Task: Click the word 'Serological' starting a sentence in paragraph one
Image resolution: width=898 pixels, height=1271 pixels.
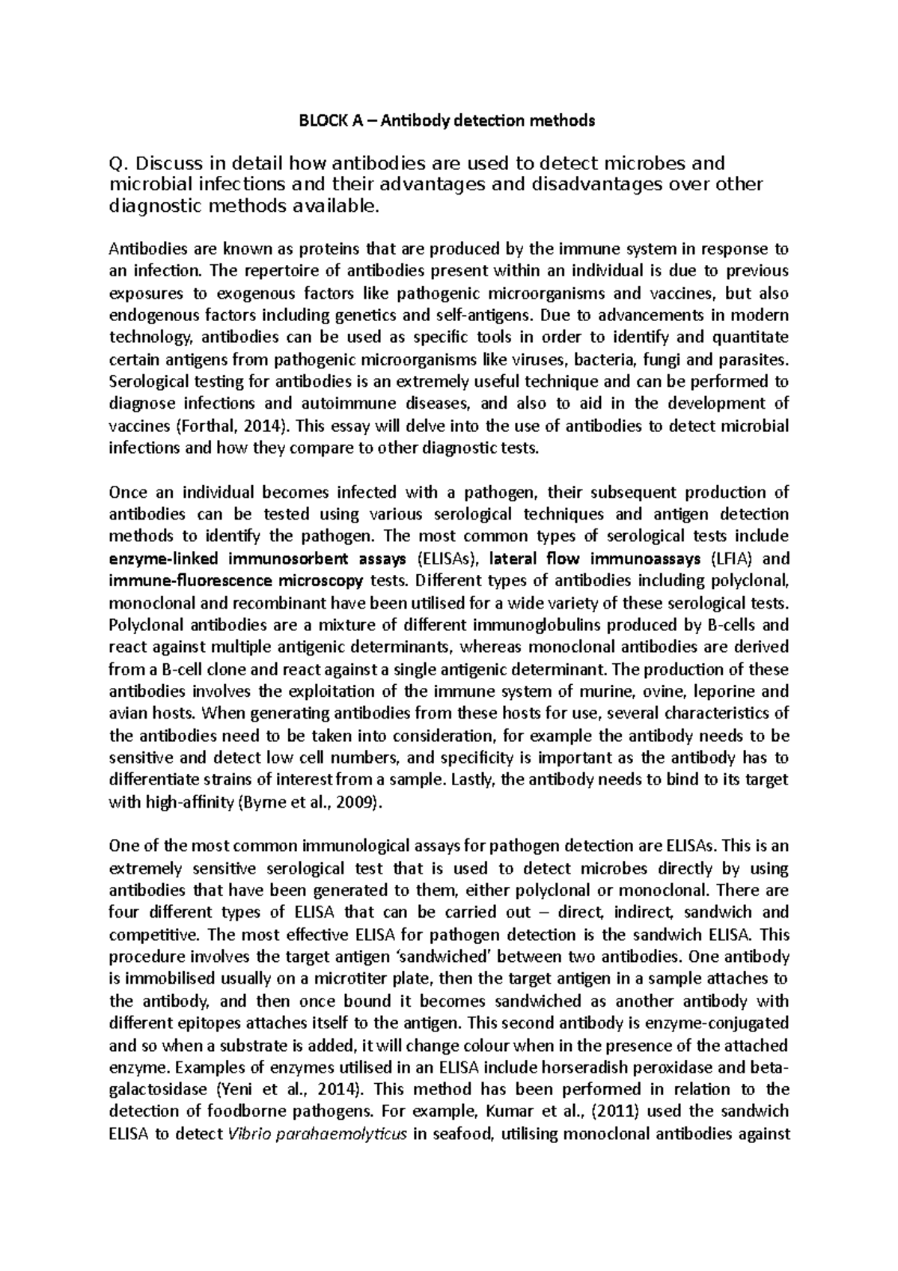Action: point(147,382)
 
